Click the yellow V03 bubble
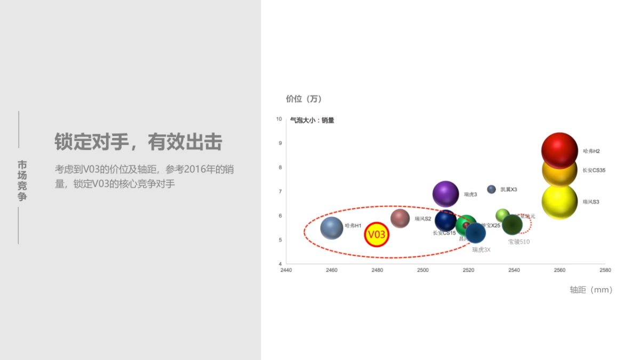377,235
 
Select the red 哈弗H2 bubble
559,150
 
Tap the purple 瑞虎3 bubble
446,194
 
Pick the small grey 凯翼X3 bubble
492,189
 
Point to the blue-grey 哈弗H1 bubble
332,228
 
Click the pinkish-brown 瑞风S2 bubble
400,218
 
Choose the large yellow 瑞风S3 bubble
559,202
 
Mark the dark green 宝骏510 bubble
513,225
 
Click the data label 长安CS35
594,171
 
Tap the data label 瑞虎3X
481,250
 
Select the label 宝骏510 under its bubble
519,242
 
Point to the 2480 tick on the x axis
377,270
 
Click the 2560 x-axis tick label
559,270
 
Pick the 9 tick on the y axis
280,143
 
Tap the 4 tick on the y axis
280,264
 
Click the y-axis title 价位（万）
304,99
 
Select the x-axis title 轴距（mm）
591,290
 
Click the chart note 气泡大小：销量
312,121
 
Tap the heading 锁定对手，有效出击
138,142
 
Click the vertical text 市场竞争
22,180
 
